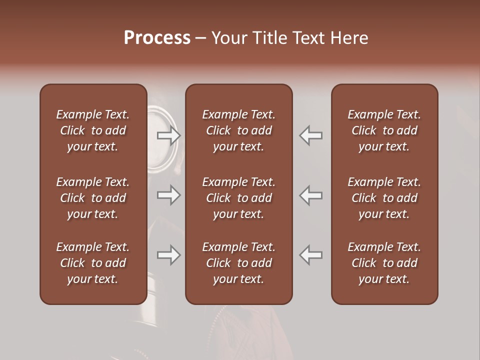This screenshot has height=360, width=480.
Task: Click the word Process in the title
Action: [157, 38]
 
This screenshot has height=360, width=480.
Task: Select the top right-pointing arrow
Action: [169, 135]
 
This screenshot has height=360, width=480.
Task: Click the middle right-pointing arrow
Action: [169, 195]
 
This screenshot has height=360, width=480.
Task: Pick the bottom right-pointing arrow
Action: [169, 255]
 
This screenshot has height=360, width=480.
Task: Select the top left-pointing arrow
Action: [311, 135]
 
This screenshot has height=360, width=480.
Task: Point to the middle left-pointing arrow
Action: [311, 195]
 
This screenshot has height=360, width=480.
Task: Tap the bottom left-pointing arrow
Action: [311, 255]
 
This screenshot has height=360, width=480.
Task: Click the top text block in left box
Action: [93, 130]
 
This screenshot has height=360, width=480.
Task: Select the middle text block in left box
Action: [93, 198]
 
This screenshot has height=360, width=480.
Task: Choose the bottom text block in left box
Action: [93, 263]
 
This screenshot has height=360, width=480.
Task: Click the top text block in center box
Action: [238, 130]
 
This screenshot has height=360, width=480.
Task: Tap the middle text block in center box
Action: [238, 198]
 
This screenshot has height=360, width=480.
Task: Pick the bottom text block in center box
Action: [238, 263]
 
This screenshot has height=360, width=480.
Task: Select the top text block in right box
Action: [384, 130]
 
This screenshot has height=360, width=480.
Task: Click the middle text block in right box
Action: [384, 198]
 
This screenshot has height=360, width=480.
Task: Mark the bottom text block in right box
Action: [384, 263]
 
